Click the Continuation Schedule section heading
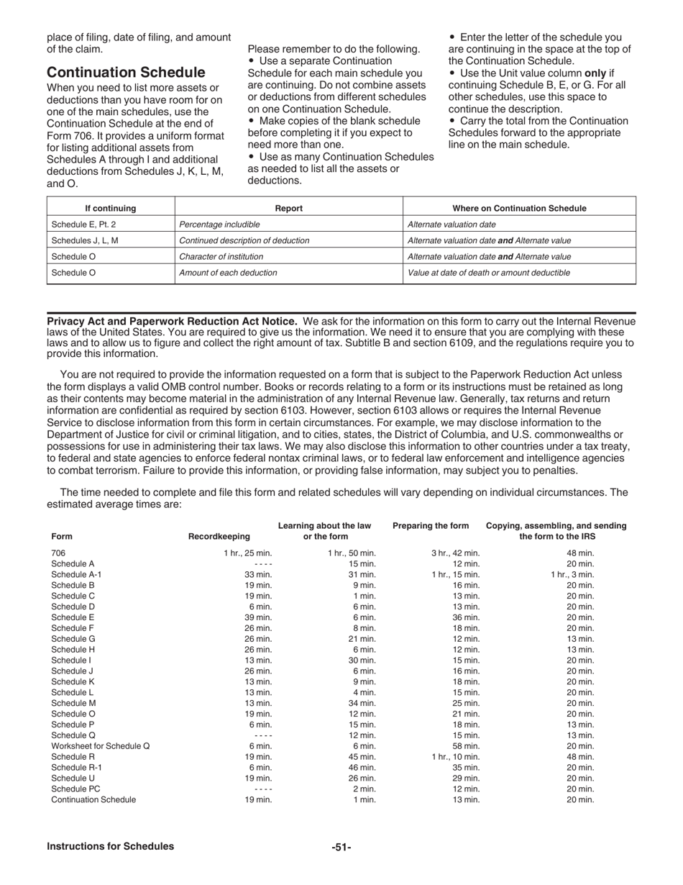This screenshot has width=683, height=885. pyautogui.click(x=126, y=73)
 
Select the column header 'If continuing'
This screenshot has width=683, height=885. pyautogui.click(x=110, y=209)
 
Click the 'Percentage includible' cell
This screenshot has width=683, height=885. pyautogui.click(x=219, y=224)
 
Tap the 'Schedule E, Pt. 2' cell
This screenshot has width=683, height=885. pyautogui.click(x=83, y=224)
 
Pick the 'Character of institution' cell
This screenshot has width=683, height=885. pyautogui.click(x=221, y=256)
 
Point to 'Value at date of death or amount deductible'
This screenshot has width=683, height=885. pyautogui.click(x=489, y=273)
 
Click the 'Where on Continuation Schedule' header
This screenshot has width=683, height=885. pyautogui.click(x=519, y=209)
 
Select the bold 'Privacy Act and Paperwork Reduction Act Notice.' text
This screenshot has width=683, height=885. pyautogui.click(x=172, y=321)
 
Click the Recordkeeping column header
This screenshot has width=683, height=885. pyautogui.click(x=219, y=536)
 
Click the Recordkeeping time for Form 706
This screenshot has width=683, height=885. pyautogui.click(x=248, y=553)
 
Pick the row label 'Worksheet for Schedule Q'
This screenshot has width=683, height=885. pyautogui.click(x=101, y=746)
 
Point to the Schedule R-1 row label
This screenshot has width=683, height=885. pyautogui.click(x=75, y=768)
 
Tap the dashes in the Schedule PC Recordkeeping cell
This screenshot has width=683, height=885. pyautogui.click(x=263, y=789)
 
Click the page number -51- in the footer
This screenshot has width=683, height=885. pyautogui.click(x=341, y=847)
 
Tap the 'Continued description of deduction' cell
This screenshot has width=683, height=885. pyautogui.click(x=244, y=240)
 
